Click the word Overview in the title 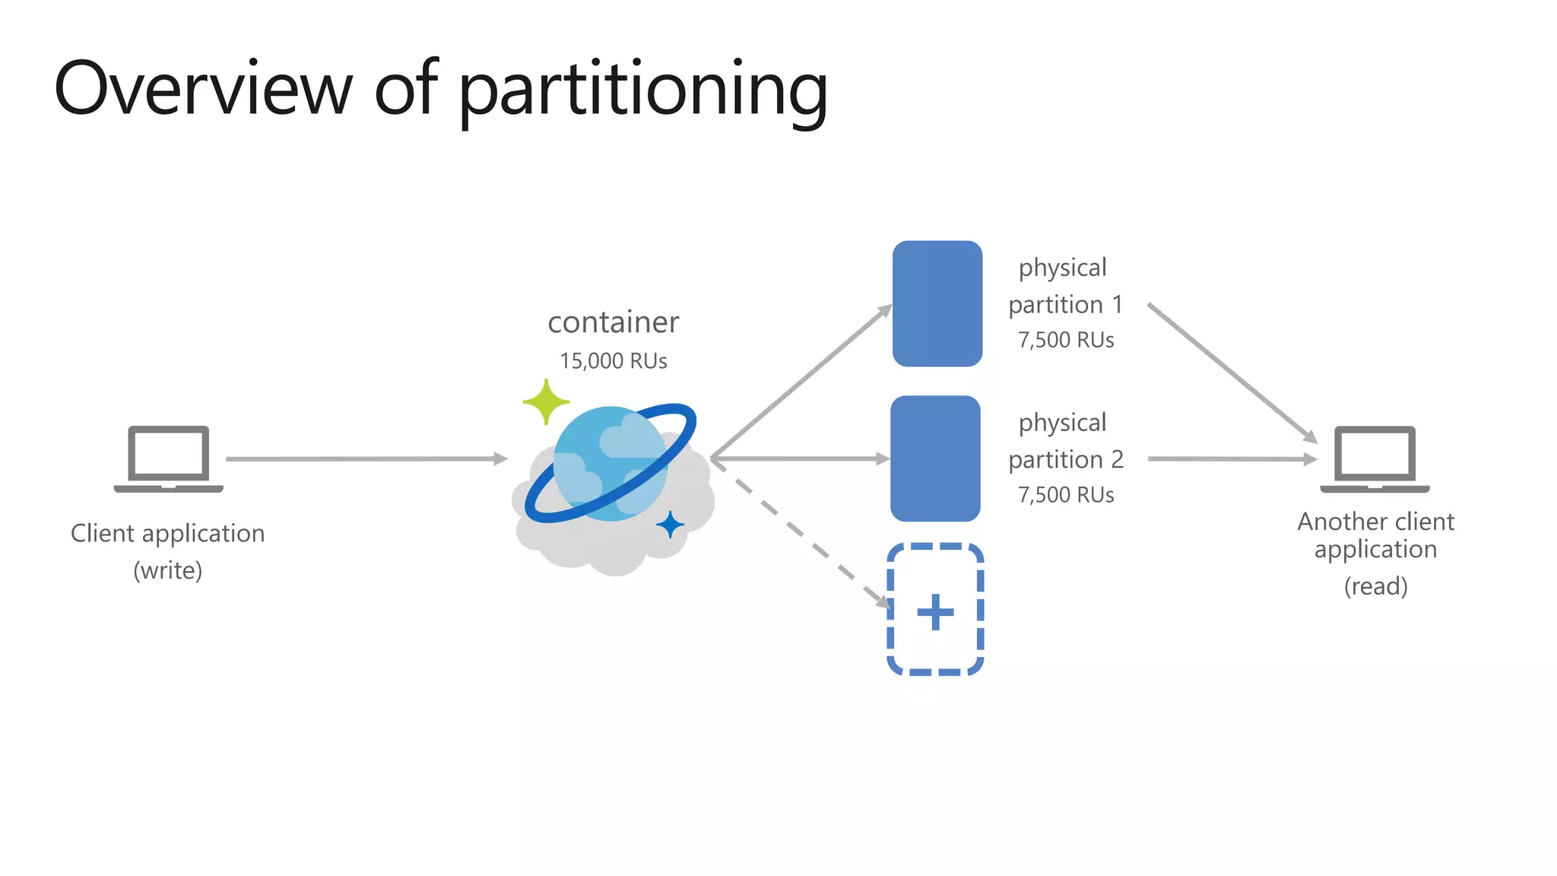point(204,90)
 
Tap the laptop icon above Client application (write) point(168,458)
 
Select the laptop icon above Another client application point(1375,458)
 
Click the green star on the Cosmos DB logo point(546,401)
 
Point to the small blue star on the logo point(670,525)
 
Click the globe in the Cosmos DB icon point(610,464)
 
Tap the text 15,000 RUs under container point(613,361)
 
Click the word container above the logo point(613,322)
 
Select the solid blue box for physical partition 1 point(937,303)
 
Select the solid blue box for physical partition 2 point(935,459)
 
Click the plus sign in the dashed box point(935,612)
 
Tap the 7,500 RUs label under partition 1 point(1066,340)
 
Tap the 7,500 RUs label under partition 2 point(1066,495)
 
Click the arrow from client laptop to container point(365,459)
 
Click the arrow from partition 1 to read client point(1232,373)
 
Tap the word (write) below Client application point(168,570)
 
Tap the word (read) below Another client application point(1375,586)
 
